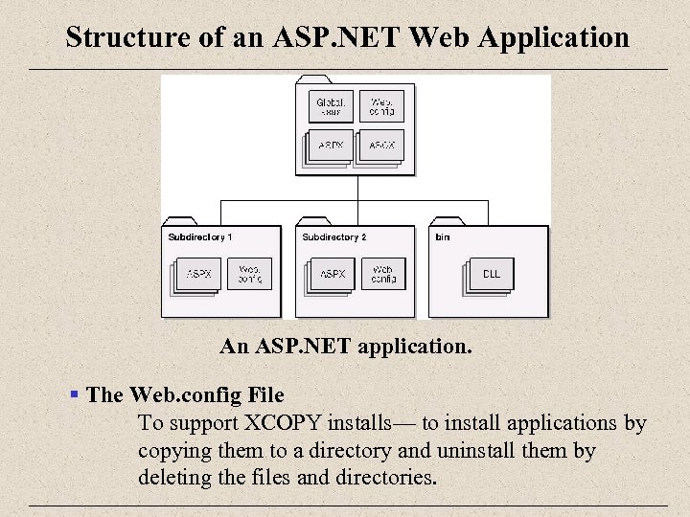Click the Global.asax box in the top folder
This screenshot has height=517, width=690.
(333, 105)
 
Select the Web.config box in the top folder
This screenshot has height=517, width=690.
(381, 105)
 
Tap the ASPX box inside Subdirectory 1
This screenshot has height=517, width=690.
(199, 274)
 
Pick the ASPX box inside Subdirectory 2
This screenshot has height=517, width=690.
(333, 274)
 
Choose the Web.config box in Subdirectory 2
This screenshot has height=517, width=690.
(383, 274)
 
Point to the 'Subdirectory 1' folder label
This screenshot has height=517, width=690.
(199, 236)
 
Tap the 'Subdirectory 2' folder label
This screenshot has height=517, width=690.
(333, 236)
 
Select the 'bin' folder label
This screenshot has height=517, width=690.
(443, 236)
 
